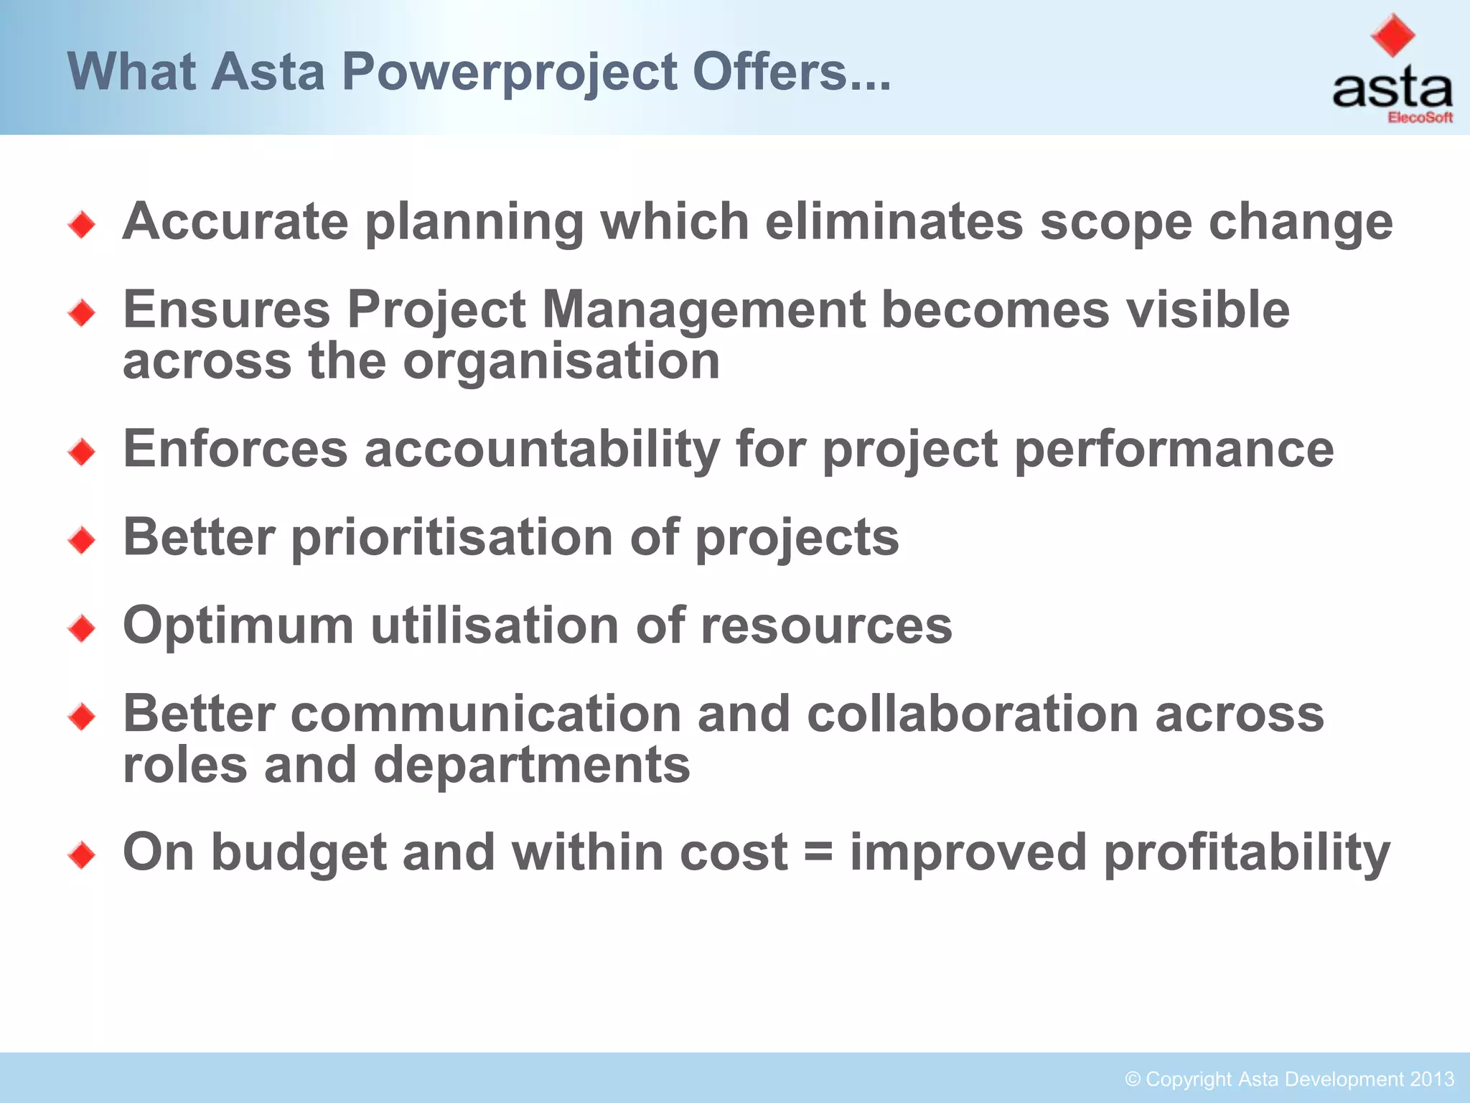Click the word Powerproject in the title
[510, 73]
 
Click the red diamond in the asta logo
[1392, 34]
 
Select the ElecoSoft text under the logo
[1420, 118]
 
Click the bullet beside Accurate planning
[82, 225]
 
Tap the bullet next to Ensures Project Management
[82, 313]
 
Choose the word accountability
[542, 450]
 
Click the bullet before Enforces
[82, 452]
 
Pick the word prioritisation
[451, 538]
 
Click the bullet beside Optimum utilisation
[82, 629]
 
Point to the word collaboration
[973, 715]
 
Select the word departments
[532, 765]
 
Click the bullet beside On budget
[82, 855]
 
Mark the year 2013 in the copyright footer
[1431, 1079]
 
